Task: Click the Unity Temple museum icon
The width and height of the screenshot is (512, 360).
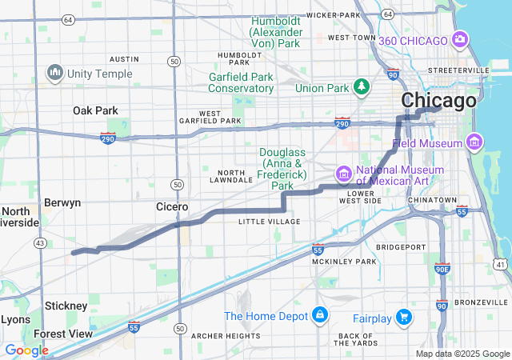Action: click(55, 73)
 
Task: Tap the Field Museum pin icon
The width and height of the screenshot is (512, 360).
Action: click(474, 142)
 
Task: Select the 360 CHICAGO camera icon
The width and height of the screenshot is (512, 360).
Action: click(460, 39)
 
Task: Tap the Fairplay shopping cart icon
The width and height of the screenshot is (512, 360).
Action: click(404, 318)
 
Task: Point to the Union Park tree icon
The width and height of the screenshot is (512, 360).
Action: click(362, 86)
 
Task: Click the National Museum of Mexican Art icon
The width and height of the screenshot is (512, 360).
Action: click(343, 173)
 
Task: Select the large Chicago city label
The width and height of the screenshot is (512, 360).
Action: click(438, 101)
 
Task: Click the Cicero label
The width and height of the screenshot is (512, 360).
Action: click(172, 206)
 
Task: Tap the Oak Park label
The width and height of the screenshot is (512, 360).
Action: click(95, 110)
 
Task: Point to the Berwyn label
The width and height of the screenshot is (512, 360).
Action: click(62, 202)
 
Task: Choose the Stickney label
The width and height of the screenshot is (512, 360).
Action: click(66, 306)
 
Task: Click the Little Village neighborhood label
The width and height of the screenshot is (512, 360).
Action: click(269, 222)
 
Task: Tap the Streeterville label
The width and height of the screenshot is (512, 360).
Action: click(458, 70)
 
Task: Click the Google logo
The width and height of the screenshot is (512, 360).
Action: click(26, 350)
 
